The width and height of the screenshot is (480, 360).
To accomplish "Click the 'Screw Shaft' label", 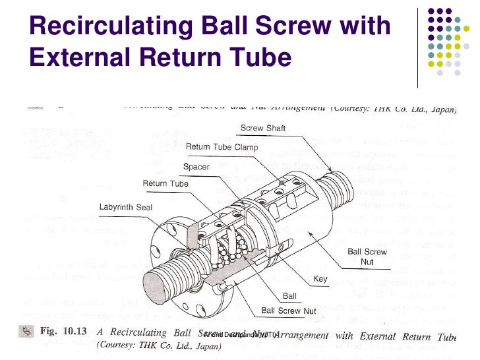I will click(x=262, y=128).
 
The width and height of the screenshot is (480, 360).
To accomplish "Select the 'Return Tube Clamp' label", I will click(x=221, y=146).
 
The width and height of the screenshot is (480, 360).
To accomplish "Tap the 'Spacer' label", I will click(x=196, y=167).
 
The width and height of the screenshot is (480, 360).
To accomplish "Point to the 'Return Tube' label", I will click(x=165, y=183).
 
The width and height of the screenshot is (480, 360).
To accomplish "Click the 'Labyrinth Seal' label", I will click(x=125, y=207).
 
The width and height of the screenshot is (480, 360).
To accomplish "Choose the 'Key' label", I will click(x=320, y=279).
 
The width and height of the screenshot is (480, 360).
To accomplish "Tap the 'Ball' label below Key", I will click(x=289, y=296).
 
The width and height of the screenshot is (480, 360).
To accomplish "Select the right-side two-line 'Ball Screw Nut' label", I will click(x=367, y=256).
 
